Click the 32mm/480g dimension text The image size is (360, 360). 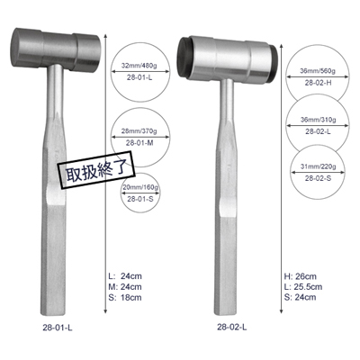140,66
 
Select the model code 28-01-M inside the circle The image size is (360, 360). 139,143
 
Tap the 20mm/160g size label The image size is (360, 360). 140,187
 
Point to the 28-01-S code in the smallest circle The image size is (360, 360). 140,199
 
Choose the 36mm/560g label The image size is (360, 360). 318,71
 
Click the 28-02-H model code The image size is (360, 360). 319,83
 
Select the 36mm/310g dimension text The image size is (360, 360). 319,120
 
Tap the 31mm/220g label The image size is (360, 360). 319,166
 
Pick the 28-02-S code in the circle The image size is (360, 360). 319,178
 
